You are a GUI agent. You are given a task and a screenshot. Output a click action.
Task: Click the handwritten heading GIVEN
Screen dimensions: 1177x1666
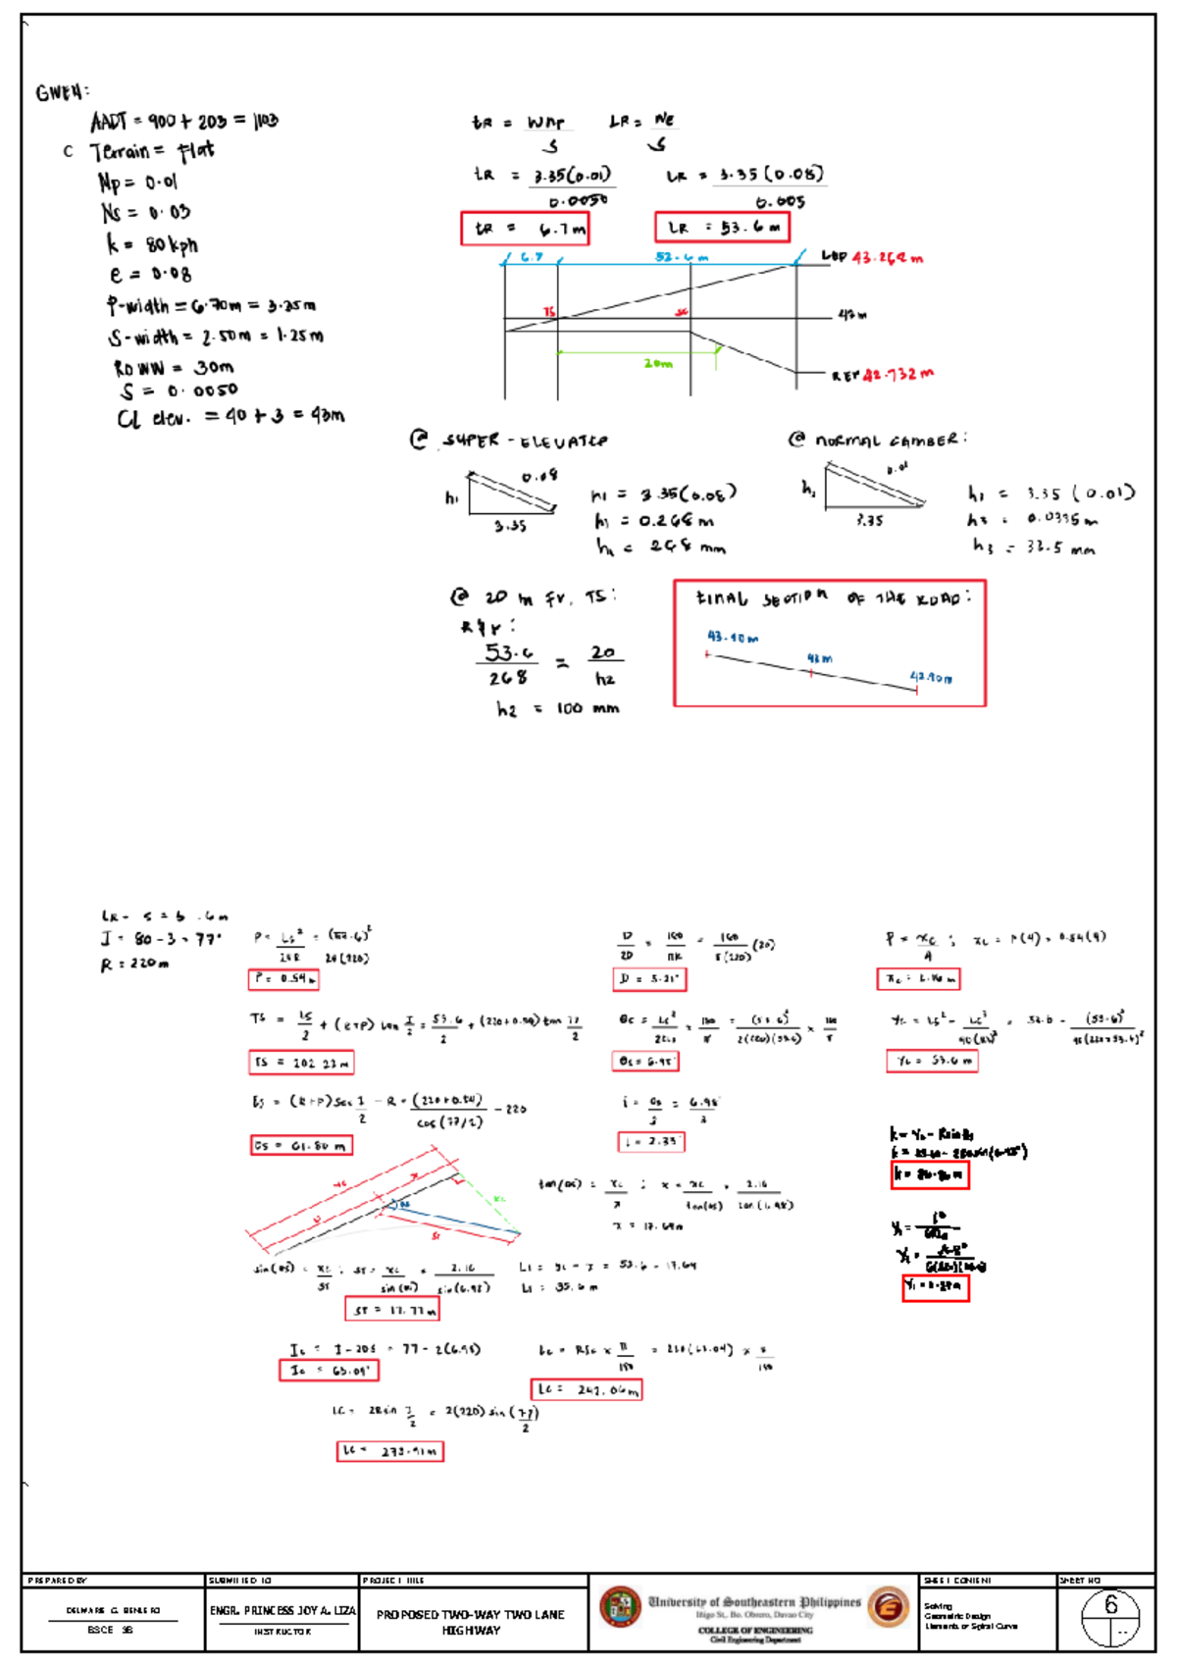tap(62, 93)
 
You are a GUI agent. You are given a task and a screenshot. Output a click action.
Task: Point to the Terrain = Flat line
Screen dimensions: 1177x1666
tap(151, 151)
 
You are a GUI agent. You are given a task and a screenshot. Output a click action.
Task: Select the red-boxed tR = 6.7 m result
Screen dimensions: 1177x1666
tap(525, 229)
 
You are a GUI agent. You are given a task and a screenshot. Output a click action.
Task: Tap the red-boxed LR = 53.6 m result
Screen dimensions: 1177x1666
tap(722, 228)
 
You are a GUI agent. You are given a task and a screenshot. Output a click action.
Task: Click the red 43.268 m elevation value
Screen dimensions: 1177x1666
tap(887, 258)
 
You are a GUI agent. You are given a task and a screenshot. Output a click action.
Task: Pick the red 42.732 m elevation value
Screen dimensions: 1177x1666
tap(897, 374)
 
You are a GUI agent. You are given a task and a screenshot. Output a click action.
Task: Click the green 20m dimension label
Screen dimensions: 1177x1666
tap(658, 363)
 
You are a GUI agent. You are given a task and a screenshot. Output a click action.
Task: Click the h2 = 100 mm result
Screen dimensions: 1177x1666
tap(557, 708)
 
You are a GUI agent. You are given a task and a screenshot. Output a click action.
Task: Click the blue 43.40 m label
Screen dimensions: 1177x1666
tap(733, 638)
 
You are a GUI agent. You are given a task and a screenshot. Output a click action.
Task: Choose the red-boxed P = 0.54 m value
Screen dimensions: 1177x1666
tap(283, 978)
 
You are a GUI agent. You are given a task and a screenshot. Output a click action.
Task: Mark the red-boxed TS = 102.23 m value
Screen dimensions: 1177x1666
tap(301, 1062)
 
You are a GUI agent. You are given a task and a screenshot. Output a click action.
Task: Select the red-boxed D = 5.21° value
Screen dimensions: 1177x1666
tap(649, 978)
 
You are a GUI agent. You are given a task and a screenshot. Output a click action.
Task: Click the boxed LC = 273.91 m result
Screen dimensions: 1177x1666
tap(389, 1451)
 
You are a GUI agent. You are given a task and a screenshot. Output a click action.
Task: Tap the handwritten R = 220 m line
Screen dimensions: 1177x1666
tap(134, 963)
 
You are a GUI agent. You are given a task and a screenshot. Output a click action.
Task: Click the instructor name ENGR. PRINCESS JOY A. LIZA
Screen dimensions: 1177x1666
tap(281, 1610)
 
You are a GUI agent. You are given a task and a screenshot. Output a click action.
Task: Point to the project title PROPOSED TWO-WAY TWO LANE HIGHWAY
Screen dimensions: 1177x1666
tap(471, 1622)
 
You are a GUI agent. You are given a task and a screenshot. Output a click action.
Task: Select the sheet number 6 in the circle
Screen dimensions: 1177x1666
tap(1110, 1605)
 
